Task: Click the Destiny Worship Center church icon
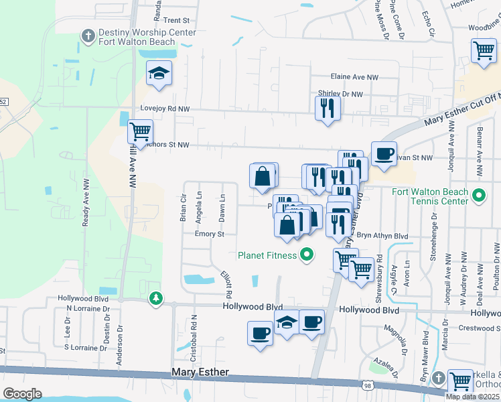[x=88, y=35]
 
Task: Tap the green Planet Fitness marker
[x=307, y=255]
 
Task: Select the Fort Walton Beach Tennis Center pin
[x=478, y=196]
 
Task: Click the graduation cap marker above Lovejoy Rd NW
[x=159, y=73]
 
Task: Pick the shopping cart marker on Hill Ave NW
[x=140, y=131]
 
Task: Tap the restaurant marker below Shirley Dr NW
[x=328, y=108]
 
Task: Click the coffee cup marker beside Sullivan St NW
[x=384, y=153]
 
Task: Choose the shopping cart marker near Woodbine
[x=484, y=51]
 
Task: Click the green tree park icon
[x=156, y=297]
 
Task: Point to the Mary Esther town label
[x=200, y=372]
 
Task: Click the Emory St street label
[x=208, y=234]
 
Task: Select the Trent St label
[x=177, y=21]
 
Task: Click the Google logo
[x=22, y=393]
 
